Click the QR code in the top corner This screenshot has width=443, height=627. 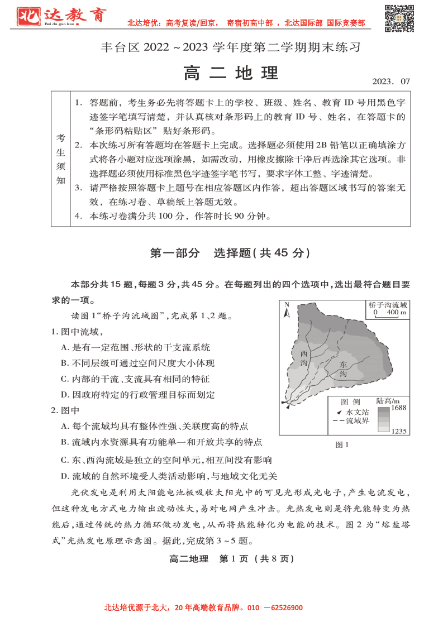coord(399,18)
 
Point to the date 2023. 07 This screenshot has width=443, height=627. coord(390,82)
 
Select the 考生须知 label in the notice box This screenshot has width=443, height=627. coord(60,159)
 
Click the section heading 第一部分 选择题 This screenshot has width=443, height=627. coord(230,253)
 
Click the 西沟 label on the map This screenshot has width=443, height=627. coord(303,358)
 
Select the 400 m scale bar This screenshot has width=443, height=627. coord(387,313)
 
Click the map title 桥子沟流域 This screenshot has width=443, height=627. coord(388,305)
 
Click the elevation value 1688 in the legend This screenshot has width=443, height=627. coord(398,408)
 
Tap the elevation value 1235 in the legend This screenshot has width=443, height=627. coord(398,430)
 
